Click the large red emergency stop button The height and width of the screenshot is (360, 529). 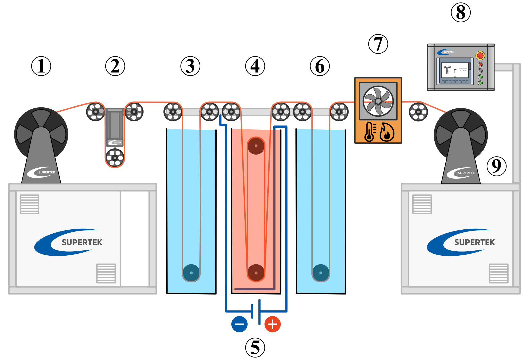click(x=480, y=55)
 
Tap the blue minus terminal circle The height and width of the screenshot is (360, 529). click(x=239, y=324)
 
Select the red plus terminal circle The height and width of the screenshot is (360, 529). click(x=272, y=324)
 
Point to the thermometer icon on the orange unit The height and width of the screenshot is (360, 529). click(x=370, y=132)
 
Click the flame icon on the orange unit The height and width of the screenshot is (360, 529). click(x=387, y=132)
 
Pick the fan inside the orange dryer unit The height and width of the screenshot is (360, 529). click(x=378, y=101)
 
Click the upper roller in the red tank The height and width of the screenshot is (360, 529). click(x=256, y=146)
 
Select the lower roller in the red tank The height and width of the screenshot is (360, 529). click(x=256, y=273)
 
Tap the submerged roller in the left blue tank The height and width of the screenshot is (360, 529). click(x=191, y=273)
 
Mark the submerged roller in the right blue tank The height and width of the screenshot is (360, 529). click(x=321, y=273)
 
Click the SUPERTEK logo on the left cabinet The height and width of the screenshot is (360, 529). click(x=69, y=242)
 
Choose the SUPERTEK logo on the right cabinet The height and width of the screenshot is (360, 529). click(x=461, y=242)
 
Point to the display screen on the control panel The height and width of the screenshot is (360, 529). click(x=455, y=71)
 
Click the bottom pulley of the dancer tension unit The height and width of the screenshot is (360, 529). click(x=115, y=158)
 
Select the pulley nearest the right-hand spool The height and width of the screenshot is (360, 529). click(x=418, y=112)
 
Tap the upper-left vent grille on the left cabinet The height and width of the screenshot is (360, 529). click(x=30, y=204)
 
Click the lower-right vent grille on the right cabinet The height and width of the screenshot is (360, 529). click(x=498, y=273)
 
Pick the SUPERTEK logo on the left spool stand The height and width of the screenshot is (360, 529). click(x=42, y=172)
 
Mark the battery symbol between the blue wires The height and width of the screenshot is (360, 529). click(x=256, y=312)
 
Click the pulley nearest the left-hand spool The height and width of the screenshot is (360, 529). click(x=95, y=112)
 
